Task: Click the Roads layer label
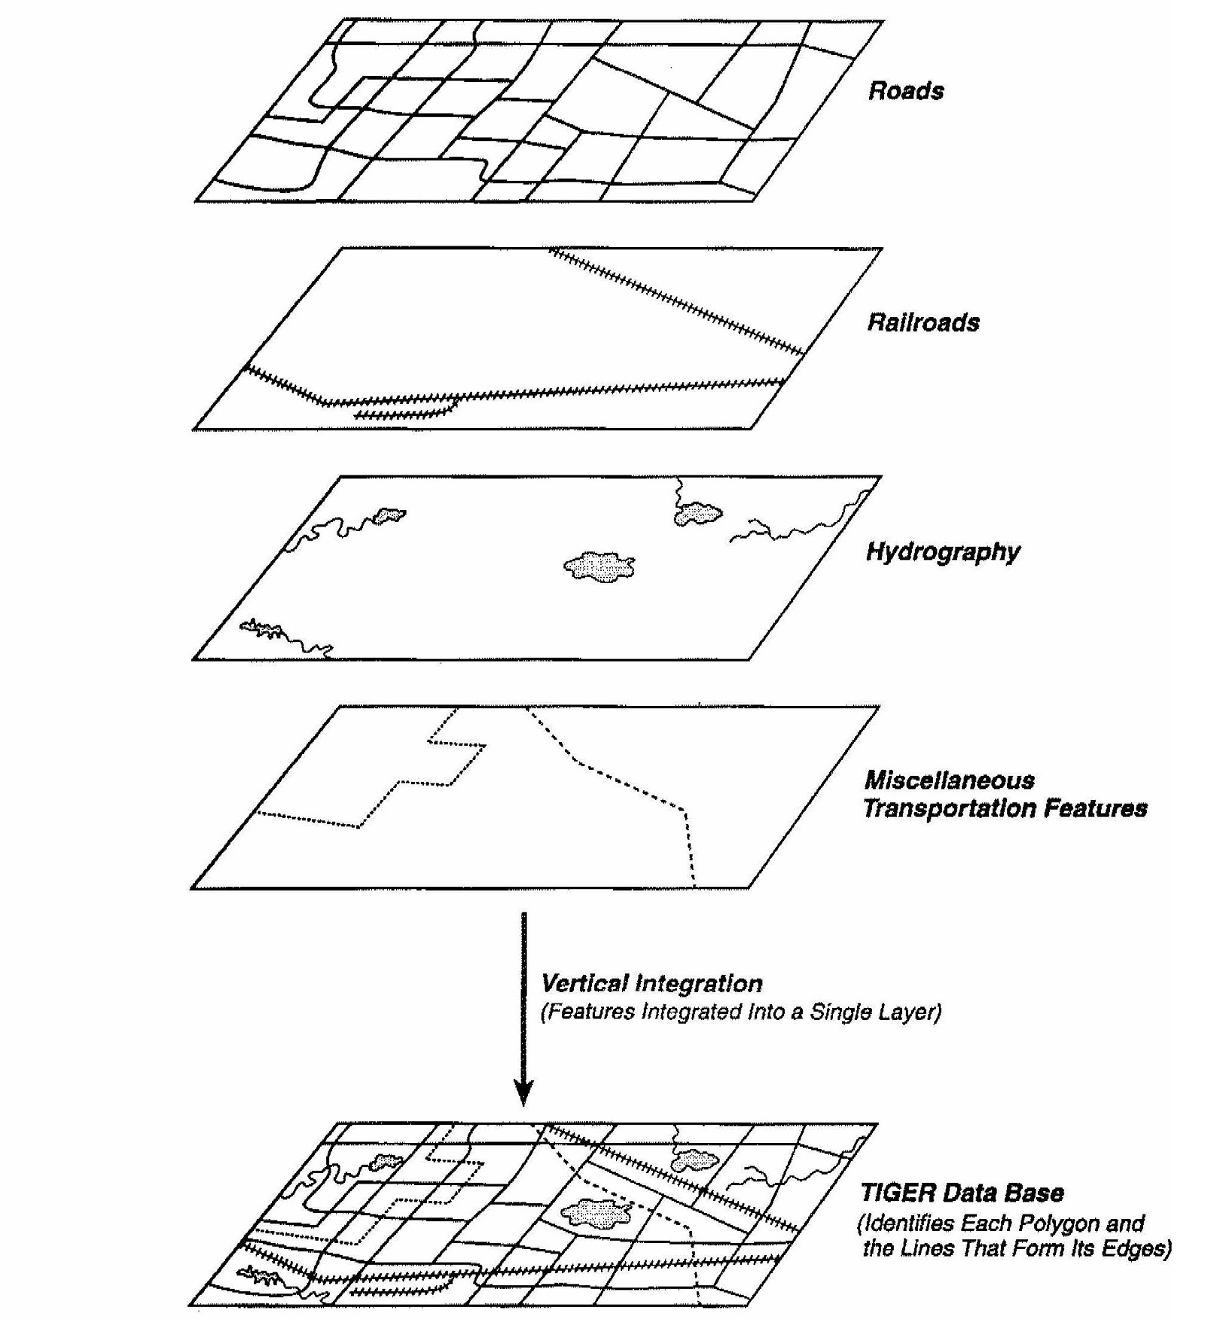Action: [905, 91]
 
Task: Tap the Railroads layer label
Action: [923, 322]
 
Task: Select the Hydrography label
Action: [942, 552]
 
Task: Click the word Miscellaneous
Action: [949, 780]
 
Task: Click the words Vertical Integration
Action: [651, 983]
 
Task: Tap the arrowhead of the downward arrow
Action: [523, 1092]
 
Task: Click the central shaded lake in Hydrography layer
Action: [599, 566]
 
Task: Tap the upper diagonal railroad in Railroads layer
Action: [678, 302]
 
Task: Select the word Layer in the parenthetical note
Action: [912, 1012]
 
